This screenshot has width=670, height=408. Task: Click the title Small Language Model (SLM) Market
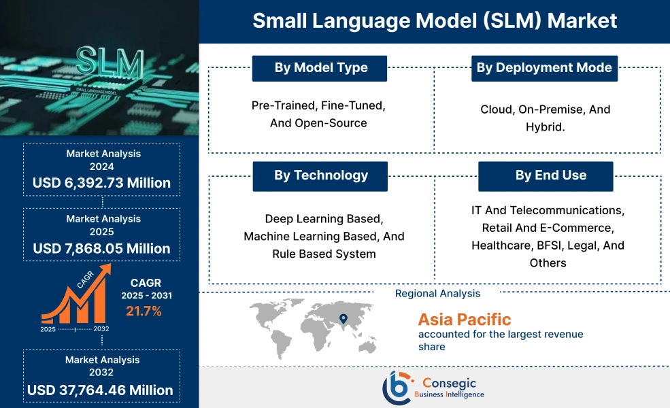435,20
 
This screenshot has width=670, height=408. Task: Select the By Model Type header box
320,68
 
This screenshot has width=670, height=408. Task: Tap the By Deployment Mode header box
544,68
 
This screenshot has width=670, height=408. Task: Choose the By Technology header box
320,175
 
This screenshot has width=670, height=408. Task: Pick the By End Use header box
546,175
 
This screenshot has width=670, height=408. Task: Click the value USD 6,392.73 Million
102,183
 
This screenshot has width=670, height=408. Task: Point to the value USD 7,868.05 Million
102,248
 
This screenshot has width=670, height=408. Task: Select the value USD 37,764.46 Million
101,390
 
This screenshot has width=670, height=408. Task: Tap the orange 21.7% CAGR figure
144,311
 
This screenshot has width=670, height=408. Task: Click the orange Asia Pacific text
465,319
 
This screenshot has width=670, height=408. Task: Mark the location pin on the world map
344,318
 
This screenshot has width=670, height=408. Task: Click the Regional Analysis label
437,294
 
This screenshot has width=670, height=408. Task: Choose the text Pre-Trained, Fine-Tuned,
318,106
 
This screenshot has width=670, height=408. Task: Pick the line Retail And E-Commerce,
548,227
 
